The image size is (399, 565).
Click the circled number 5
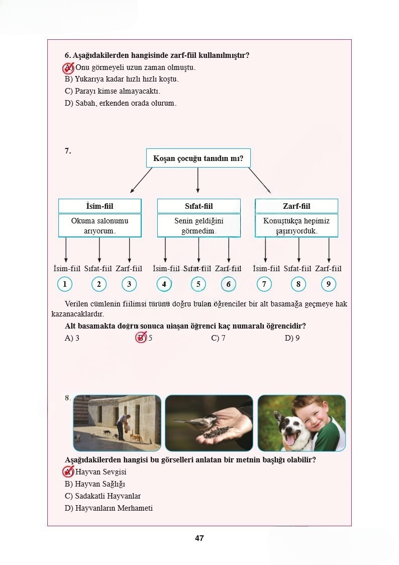click(x=198, y=284)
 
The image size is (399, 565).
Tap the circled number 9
click(x=328, y=284)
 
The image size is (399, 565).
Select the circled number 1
click(x=65, y=284)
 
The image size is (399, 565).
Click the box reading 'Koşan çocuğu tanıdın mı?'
click(x=198, y=158)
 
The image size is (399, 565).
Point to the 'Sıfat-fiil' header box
click(x=198, y=206)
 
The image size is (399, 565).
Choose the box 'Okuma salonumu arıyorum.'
click(x=99, y=226)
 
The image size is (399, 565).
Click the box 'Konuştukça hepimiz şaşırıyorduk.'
click(x=296, y=226)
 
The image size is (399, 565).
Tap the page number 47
click(x=199, y=538)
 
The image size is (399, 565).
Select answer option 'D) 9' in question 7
click(x=292, y=338)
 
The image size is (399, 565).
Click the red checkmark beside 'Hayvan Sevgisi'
click(x=68, y=471)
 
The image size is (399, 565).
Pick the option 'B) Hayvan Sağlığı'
click(x=95, y=484)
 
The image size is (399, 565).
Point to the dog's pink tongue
click(x=290, y=441)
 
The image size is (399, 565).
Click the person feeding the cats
click(x=123, y=420)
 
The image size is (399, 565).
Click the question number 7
click(x=68, y=150)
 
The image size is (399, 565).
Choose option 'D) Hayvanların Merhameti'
click(x=109, y=508)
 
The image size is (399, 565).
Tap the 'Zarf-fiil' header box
click(x=296, y=206)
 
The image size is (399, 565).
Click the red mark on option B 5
click(x=141, y=338)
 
